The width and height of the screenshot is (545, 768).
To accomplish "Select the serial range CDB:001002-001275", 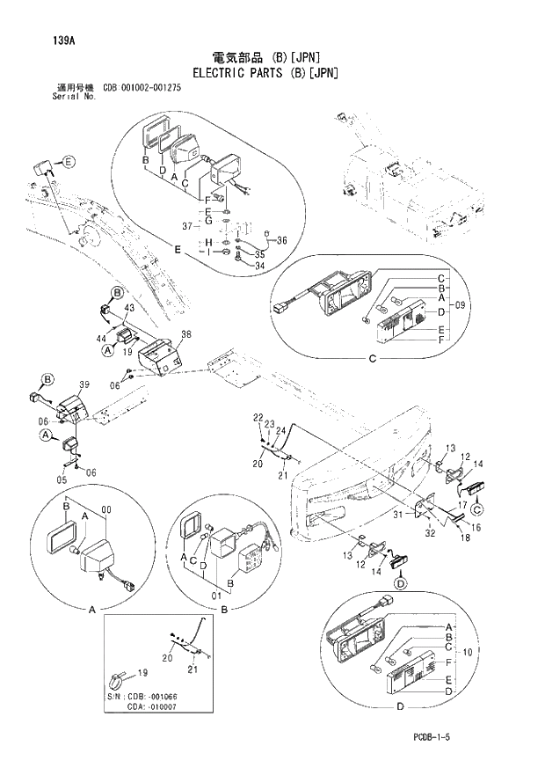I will [151, 88].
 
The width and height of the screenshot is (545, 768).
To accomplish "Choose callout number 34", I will [260, 266].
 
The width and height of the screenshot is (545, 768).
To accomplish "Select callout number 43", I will [128, 307].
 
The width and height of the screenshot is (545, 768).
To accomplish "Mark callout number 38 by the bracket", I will [185, 334].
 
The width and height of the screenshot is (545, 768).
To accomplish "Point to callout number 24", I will [280, 430].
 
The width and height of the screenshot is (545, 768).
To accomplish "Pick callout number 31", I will [397, 515].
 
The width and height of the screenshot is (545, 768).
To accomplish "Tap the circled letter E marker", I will [69, 161].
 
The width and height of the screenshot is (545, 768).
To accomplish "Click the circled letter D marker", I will [400, 582].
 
